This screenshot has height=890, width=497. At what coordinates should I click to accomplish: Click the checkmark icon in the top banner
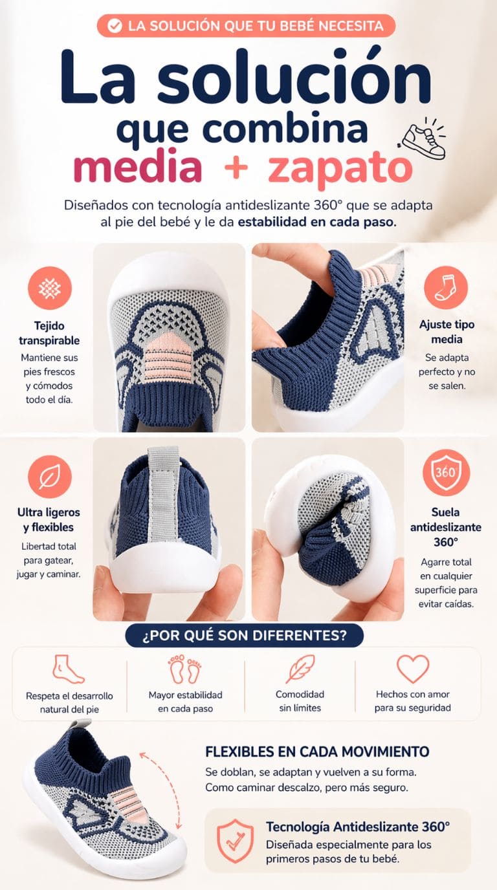[x=115, y=27]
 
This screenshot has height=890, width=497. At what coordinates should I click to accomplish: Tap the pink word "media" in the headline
[x=138, y=167]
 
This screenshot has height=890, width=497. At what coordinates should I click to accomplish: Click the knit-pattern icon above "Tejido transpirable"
[x=50, y=288]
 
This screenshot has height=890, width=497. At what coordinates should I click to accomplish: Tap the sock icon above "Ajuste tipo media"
[x=446, y=287]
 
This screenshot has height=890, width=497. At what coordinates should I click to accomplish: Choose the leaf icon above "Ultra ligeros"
[x=50, y=477]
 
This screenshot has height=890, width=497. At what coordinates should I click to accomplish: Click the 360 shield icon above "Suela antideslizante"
[x=446, y=472]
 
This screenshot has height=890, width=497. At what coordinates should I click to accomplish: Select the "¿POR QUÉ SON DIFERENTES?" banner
[x=244, y=635]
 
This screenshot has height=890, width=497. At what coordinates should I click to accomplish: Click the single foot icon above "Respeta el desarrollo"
[x=68, y=669]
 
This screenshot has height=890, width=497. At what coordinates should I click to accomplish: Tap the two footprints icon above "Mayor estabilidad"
[x=185, y=669]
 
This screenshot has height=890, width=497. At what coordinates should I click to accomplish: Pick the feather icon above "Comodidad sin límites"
[x=300, y=669]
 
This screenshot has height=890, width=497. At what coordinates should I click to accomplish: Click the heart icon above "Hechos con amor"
[x=413, y=669]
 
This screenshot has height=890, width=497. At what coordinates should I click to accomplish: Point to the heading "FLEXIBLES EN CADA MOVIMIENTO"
[x=317, y=752]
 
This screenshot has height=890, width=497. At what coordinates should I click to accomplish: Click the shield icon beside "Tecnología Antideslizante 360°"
[x=235, y=841]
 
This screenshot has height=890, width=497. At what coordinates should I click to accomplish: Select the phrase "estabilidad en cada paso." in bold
[x=317, y=222]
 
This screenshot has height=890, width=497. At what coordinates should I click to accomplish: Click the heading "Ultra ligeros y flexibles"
[x=49, y=519]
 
